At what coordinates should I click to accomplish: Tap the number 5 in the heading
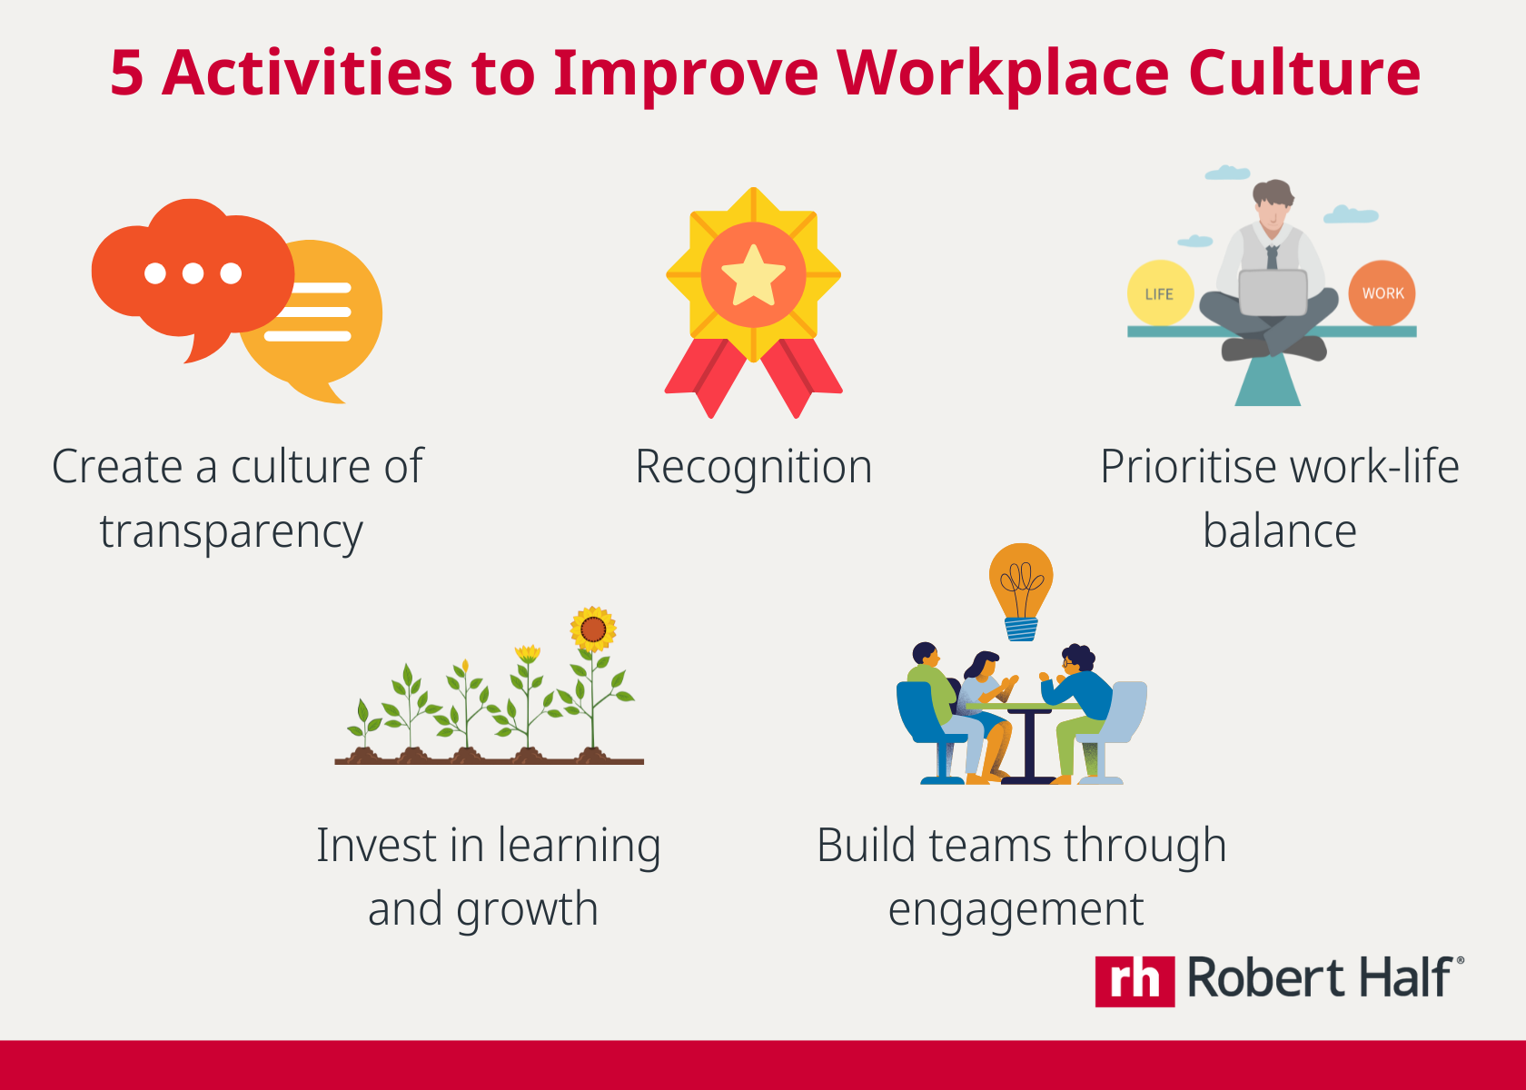pyautogui.click(x=127, y=73)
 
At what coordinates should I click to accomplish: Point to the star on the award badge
pyautogui.click(x=753, y=274)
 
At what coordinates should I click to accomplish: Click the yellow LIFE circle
pyautogui.click(x=1159, y=293)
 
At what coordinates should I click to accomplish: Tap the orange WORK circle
pyautogui.click(x=1382, y=293)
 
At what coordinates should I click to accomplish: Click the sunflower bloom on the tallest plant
pyautogui.click(x=593, y=629)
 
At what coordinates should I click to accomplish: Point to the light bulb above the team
pyautogui.click(x=1021, y=586)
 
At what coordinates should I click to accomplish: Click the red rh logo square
pyautogui.click(x=1135, y=981)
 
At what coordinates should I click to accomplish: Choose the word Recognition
pyautogui.click(x=753, y=467)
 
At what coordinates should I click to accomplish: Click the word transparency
pyautogui.click(x=231, y=532)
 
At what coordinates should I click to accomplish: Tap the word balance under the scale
pyautogui.click(x=1279, y=531)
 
